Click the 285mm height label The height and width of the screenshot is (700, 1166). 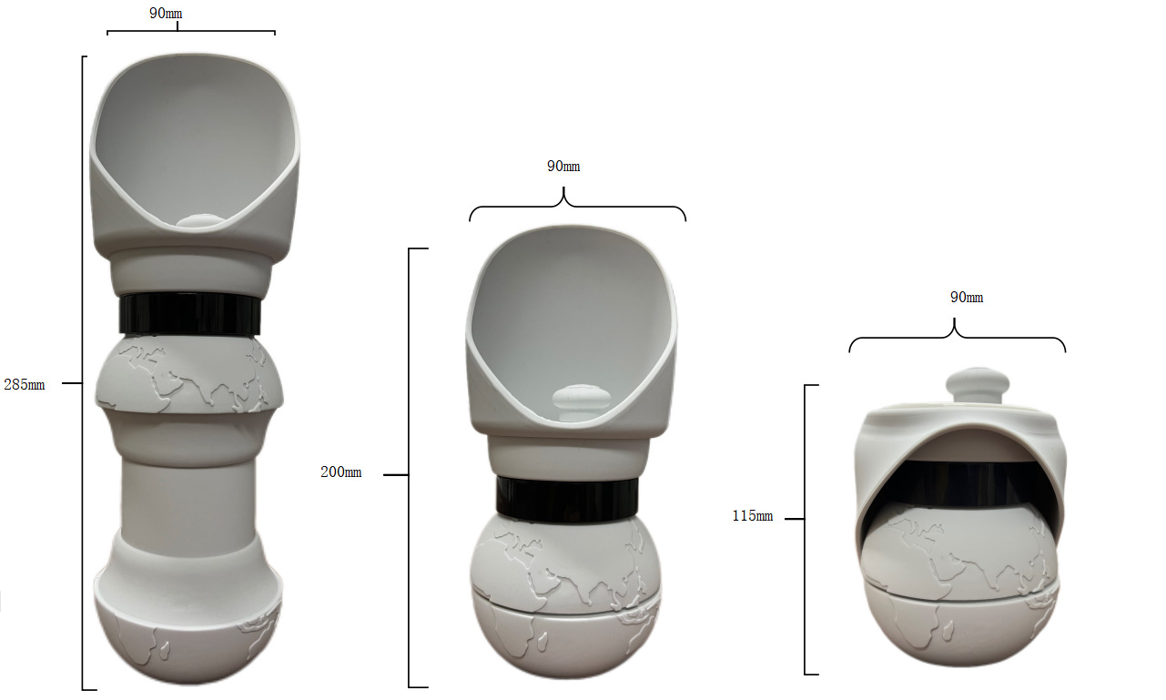click(24, 384)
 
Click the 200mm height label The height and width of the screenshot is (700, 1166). click(340, 472)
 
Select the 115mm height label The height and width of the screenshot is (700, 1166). click(752, 516)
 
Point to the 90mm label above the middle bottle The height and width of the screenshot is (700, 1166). click(563, 167)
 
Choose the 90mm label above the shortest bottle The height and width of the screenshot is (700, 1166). click(966, 298)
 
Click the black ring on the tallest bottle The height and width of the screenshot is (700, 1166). click(190, 314)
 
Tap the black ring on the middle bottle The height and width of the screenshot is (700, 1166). click(565, 500)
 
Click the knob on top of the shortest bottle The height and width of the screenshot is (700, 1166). click(975, 383)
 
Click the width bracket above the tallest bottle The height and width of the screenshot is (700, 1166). click(190, 31)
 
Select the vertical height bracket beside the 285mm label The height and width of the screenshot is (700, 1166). click(84, 373)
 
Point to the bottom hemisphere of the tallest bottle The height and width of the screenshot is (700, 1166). click(188, 642)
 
